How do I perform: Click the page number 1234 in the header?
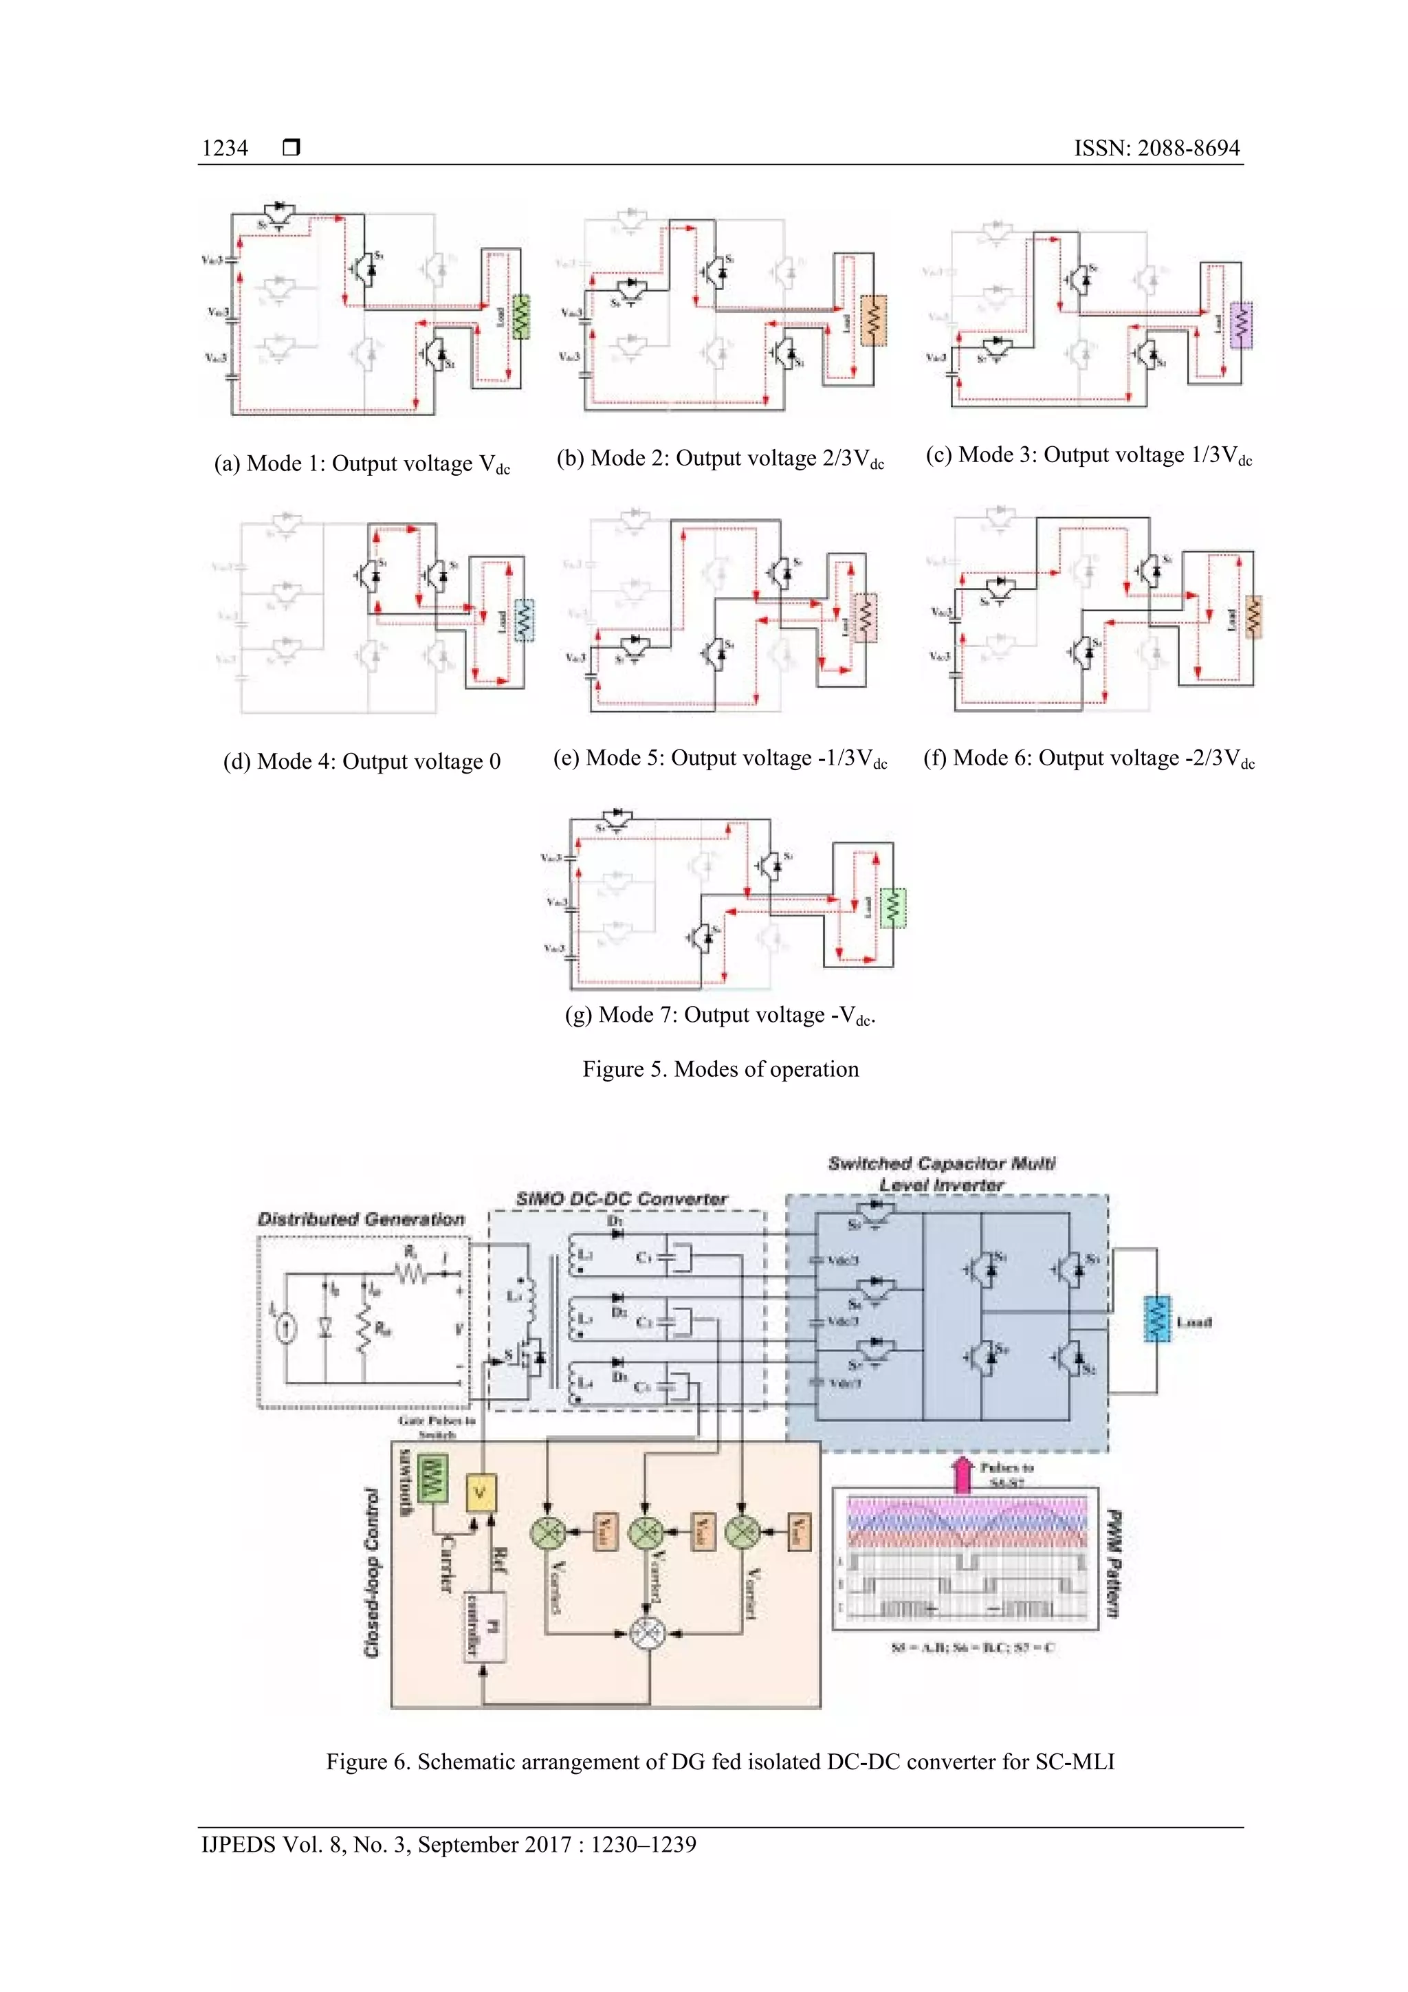(225, 149)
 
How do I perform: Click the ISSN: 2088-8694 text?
(1156, 149)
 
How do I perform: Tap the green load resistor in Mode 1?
(520, 318)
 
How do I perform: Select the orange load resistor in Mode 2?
(874, 321)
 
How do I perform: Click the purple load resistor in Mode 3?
(1242, 325)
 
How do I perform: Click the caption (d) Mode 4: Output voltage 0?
(362, 762)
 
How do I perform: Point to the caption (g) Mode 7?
(720, 1015)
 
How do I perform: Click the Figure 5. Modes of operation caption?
(720, 1069)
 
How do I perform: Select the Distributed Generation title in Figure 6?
(361, 1219)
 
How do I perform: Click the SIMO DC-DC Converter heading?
(621, 1199)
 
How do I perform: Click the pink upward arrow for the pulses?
(962, 1474)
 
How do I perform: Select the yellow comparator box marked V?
(480, 1493)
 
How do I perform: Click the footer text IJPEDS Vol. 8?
(448, 1845)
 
